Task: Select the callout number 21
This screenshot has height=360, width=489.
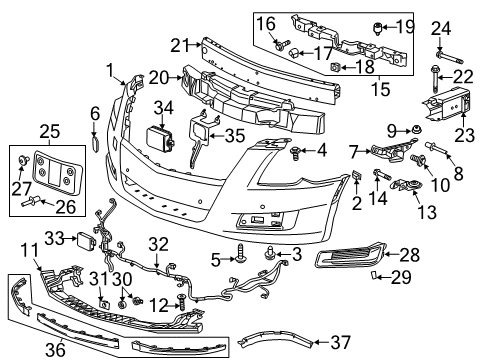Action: click(x=179, y=44)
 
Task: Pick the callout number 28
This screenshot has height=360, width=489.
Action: click(x=439, y=257)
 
